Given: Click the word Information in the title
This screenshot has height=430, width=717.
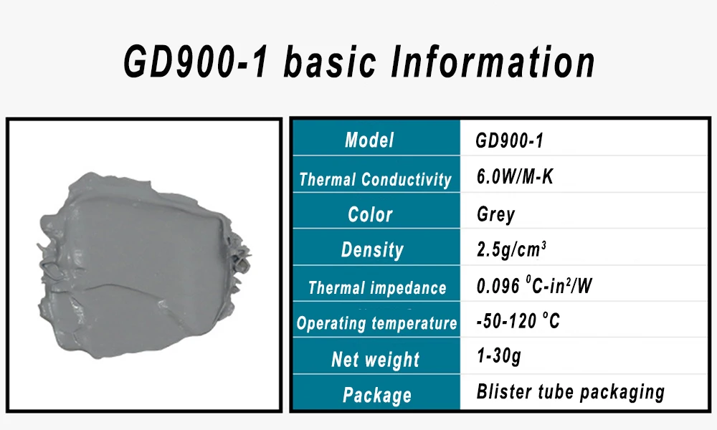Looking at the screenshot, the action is (x=493, y=62).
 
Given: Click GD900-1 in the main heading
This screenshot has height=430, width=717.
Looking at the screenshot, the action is (x=196, y=62).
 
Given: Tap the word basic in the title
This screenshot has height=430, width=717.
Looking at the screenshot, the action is (x=330, y=62).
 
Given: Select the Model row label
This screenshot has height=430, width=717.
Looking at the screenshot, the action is (x=369, y=140).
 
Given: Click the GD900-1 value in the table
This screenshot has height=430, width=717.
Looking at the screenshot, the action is (x=509, y=140).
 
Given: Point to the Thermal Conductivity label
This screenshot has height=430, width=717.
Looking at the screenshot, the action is (x=375, y=179).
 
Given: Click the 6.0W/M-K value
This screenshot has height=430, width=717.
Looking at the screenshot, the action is (x=515, y=176).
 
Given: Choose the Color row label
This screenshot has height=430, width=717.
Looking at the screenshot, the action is (x=370, y=214).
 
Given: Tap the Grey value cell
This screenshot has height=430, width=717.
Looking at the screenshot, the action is (x=495, y=214).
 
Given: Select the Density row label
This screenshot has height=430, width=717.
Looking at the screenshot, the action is (x=372, y=250).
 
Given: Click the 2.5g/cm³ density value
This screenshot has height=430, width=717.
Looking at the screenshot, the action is (x=511, y=249).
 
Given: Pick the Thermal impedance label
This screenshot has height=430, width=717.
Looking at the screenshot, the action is (x=377, y=288).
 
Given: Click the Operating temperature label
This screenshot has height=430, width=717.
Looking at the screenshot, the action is (x=376, y=323).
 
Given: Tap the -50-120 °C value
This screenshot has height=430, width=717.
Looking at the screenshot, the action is (x=518, y=321).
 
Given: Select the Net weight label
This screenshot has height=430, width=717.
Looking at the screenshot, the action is (x=375, y=360).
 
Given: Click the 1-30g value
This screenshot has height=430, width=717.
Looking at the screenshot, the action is (x=498, y=355).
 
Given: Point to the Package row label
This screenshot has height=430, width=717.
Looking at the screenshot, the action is (x=377, y=396).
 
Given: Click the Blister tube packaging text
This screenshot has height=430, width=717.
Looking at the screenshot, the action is (x=570, y=391).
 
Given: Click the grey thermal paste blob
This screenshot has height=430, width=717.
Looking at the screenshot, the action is (x=142, y=265).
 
